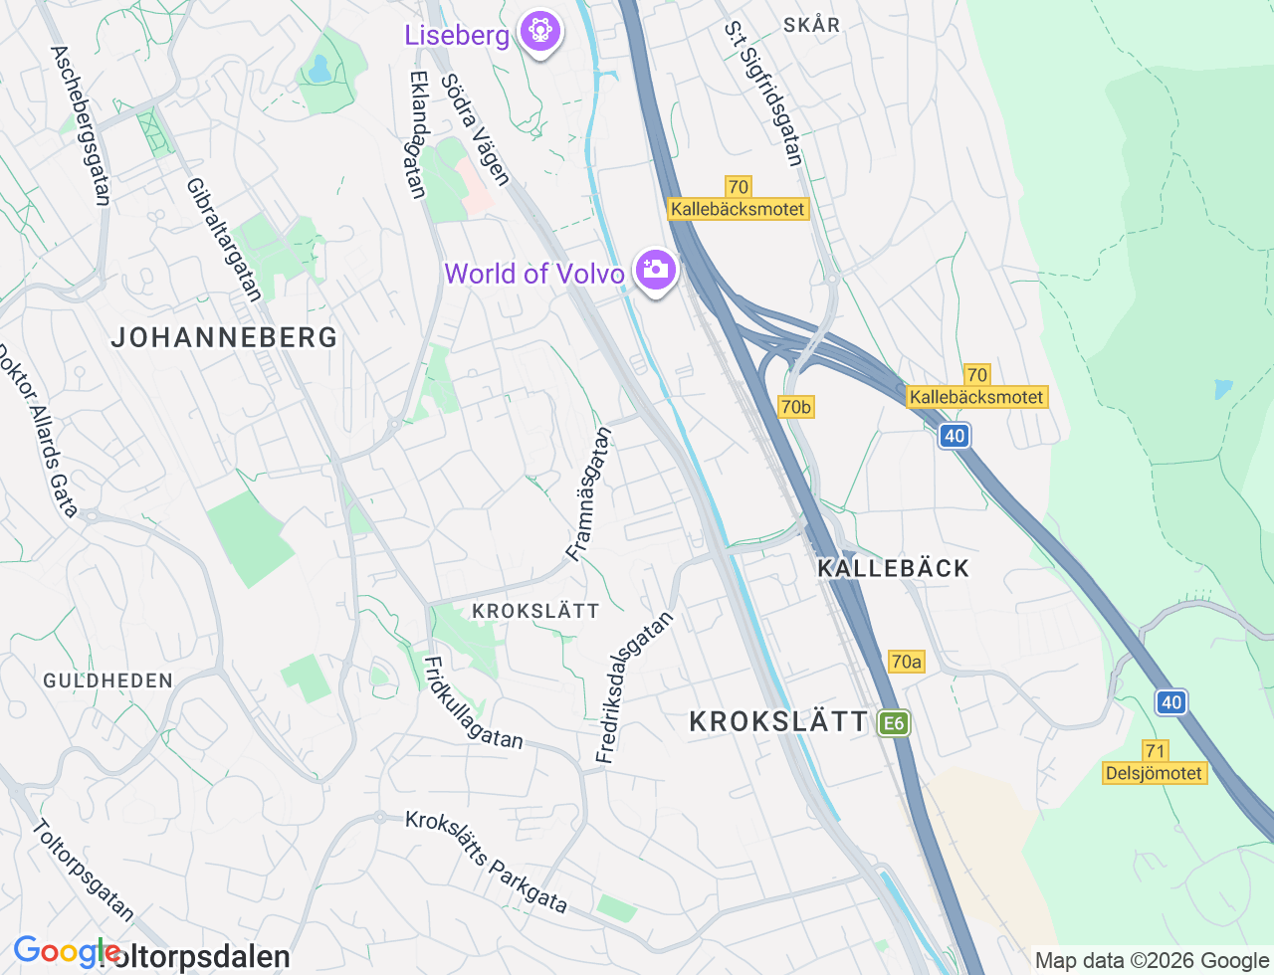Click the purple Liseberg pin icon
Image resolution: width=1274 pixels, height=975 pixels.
tap(540, 32)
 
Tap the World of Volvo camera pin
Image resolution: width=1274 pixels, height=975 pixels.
tap(655, 270)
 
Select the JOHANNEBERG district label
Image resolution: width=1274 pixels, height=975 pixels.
tap(224, 337)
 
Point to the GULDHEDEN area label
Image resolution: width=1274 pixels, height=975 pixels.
tap(107, 681)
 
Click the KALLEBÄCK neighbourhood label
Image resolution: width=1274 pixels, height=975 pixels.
tap(893, 568)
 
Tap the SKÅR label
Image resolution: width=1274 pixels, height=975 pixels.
tap(811, 25)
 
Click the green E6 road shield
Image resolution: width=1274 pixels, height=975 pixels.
tap(894, 723)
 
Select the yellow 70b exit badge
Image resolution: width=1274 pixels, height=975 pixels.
tap(795, 406)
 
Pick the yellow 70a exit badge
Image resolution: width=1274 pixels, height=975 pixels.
tap(906, 662)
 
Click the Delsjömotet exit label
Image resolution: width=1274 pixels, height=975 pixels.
tap(1155, 773)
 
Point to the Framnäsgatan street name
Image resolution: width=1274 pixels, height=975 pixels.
tap(588, 493)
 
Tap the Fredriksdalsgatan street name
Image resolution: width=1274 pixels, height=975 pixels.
tap(634, 687)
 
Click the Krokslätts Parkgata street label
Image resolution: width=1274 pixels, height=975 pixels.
tap(486, 862)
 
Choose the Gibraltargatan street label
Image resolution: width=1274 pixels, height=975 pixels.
tap(224, 239)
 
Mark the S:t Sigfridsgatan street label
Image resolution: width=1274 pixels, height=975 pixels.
tap(763, 95)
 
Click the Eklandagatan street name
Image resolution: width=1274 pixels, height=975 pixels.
tap(418, 134)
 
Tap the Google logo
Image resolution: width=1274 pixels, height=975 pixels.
tap(66, 952)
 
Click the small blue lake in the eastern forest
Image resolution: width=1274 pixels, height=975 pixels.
tap(1223, 388)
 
